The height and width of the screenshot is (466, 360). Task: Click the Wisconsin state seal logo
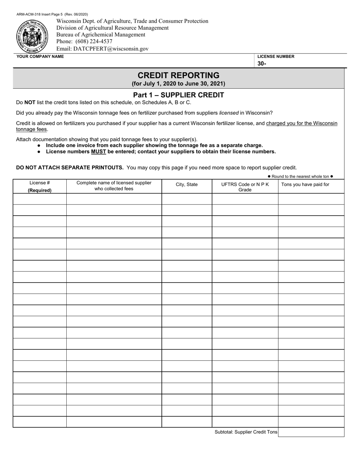click(x=32, y=36)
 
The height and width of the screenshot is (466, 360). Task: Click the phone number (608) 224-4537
click(x=84, y=42)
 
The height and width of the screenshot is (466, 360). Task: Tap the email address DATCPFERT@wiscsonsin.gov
click(x=102, y=49)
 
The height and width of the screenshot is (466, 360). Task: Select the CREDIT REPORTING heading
click(x=178, y=75)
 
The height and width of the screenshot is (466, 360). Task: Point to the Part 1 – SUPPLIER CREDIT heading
click(x=178, y=95)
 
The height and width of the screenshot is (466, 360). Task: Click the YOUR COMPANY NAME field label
click(x=40, y=57)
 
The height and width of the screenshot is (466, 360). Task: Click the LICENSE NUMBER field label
click(x=276, y=57)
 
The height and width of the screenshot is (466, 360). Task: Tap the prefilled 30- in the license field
click(x=262, y=64)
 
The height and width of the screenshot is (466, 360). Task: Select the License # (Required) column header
click(x=40, y=186)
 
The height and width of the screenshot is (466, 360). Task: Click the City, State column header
click(x=186, y=185)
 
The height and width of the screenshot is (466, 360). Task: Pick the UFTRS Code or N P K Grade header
click(x=245, y=187)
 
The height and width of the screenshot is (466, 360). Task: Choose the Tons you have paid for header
click(x=305, y=185)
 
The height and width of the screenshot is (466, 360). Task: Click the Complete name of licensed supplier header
click(x=114, y=186)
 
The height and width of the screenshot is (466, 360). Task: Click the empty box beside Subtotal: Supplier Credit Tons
click(x=311, y=432)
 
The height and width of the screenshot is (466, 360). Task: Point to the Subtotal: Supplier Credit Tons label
click(x=246, y=432)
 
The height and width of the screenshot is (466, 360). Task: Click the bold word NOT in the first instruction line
click(x=30, y=102)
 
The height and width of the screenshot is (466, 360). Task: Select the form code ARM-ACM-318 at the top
click(x=30, y=14)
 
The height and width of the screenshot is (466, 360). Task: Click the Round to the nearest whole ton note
click(x=300, y=177)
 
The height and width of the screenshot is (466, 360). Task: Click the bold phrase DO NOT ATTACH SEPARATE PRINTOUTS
click(x=70, y=167)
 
